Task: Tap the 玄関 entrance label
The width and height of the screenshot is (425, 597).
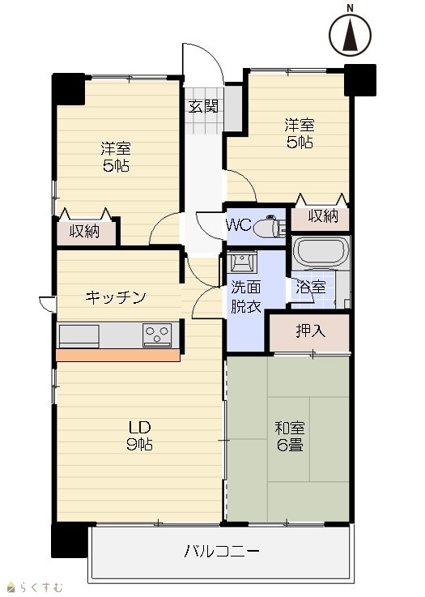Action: pyautogui.click(x=203, y=106)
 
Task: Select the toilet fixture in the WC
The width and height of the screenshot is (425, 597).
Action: pyautogui.click(x=269, y=227)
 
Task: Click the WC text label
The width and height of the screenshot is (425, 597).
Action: pyautogui.click(x=239, y=225)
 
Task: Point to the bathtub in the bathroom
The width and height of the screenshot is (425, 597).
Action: pyautogui.click(x=321, y=253)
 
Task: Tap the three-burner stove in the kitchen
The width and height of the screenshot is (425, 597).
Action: pyautogui.click(x=157, y=335)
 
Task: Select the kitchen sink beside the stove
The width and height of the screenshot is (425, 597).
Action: pyautogui.click(x=79, y=336)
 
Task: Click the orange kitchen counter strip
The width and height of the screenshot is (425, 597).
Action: pyautogui.click(x=118, y=355)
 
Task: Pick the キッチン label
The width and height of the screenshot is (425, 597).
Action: pyautogui.click(x=115, y=297)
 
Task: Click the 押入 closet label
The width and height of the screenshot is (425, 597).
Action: pyautogui.click(x=311, y=331)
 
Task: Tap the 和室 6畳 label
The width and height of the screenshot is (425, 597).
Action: pyautogui.click(x=290, y=437)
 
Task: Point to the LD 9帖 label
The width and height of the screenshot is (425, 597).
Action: pyautogui.click(x=139, y=436)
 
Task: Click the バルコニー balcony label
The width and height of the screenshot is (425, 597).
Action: pyautogui.click(x=222, y=551)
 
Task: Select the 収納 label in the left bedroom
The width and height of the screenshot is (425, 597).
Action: pyautogui.click(x=84, y=231)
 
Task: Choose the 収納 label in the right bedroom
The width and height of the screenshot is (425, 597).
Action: pyautogui.click(x=323, y=216)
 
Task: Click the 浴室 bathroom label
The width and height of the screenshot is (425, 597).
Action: pyautogui.click(x=311, y=287)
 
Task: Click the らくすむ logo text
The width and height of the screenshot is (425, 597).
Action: pyautogui.click(x=36, y=587)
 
